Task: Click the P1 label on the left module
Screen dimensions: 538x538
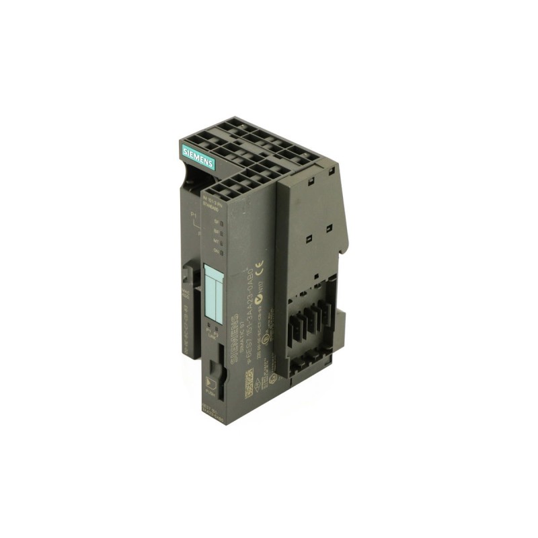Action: [x=194, y=215]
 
